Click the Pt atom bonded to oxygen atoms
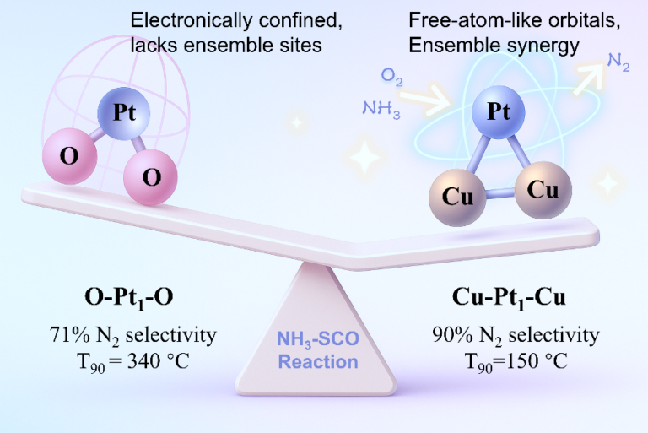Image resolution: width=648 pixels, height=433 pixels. tap(123, 113)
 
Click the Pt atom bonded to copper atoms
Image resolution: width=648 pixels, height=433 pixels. tap(499, 111)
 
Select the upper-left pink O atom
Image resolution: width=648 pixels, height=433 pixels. tap(69, 156)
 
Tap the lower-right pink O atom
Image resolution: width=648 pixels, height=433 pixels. tap(150, 177)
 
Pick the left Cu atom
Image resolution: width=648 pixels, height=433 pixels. tap(457, 197)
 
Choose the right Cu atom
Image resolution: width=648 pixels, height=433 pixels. tap(543, 190)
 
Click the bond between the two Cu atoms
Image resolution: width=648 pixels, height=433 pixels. tap(500, 193)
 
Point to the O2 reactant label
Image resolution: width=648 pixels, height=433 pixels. tap(391, 77)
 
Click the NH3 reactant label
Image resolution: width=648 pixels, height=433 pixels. tap(381, 109)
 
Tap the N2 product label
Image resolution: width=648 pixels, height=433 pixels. tap(618, 62)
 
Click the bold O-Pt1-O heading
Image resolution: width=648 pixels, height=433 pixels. tap(129, 298)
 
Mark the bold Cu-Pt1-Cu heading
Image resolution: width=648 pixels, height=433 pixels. tap(509, 298)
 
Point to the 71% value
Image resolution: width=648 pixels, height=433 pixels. tap(69, 334)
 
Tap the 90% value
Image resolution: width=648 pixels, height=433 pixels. tap(452, 334)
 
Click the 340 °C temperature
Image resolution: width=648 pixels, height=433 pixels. tap(159, 361)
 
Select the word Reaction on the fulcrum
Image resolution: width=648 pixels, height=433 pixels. tap(318, 362)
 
